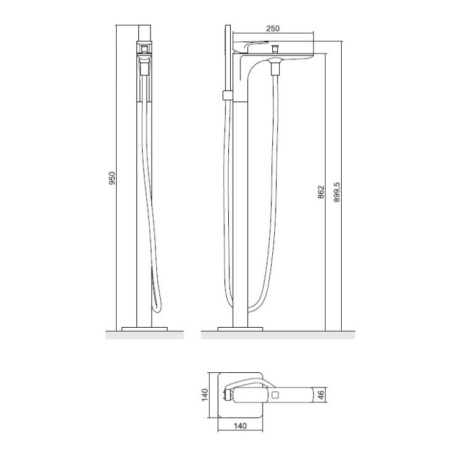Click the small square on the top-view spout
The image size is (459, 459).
(275, 396)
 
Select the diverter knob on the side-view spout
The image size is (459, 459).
(275, 48)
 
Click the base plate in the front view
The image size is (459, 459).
(144, 329)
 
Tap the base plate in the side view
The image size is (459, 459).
(240, 329)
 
